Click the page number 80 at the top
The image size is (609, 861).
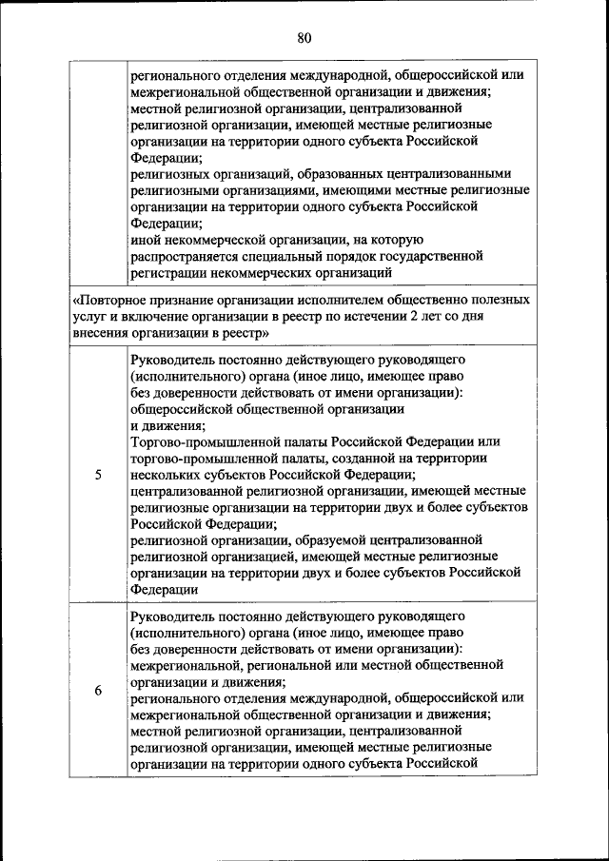click(304, 38)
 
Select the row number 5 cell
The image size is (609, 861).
click(99, 476)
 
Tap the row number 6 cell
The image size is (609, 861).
click(99, 691)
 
